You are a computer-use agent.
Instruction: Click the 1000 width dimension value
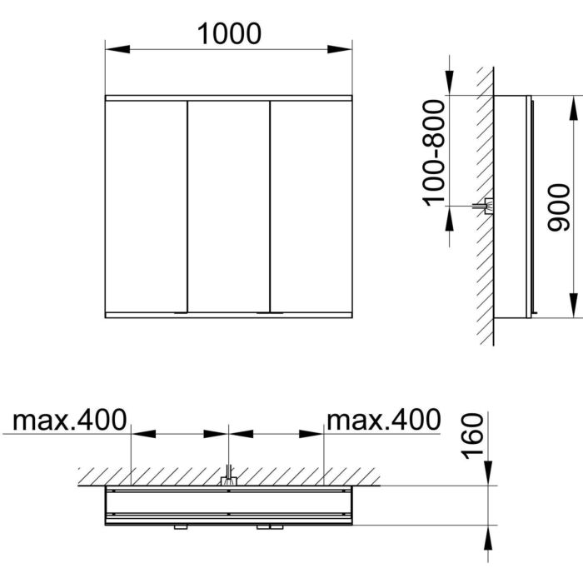pos(229,32)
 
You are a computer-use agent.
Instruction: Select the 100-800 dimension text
pos(433,152)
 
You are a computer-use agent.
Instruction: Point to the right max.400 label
pos(382,420)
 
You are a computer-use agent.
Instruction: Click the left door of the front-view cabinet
pos(145,206)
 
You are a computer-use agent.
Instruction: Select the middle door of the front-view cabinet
pos(228,206)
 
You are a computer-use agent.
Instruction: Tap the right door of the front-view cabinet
pos(311,206)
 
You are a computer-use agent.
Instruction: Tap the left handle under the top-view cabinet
pos(181,526)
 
